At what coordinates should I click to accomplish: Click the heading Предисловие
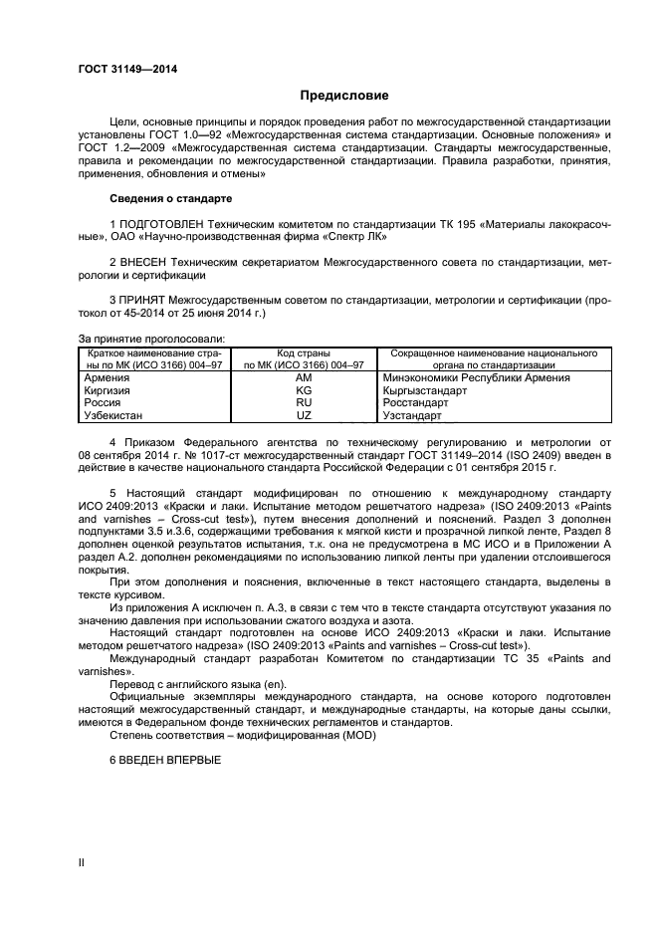[344, 96]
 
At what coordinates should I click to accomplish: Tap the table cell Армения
[107, 378]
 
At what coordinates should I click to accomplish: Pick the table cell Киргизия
[109, 391]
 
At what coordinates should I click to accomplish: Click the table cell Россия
[103, 403]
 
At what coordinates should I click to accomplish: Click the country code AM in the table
[305, 378]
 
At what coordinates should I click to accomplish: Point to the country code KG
[305, 391]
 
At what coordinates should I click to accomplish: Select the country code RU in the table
[305, 403]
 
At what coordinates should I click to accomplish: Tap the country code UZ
[305, 415]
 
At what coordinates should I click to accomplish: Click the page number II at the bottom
[82, 862]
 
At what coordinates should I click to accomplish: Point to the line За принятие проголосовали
[151, 339]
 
